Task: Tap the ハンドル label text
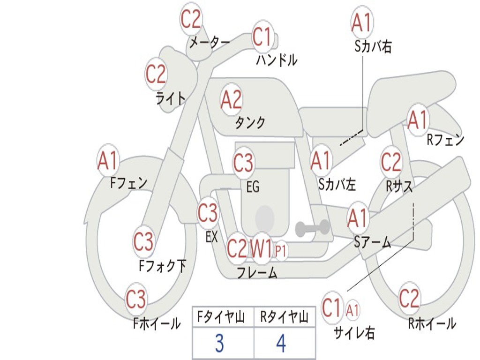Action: [x=277, y=60]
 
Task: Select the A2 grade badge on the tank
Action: [x=231, y=100]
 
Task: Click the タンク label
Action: [x=250, y=123]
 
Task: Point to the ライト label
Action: [x=170, y=98]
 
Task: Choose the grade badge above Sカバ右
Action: [x=361, y=22]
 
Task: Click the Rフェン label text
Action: [x=445, y=140]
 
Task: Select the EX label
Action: [x=211, y=237]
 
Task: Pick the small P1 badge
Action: [x=281, y=251]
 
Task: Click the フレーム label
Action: [x=256, y=273]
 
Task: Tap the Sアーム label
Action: [x=372, y=242]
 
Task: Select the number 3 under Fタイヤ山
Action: [x=219, y=344]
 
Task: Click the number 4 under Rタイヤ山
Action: [x=281, y=344]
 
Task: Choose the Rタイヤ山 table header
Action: [x=284, y=318]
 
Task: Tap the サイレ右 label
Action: [x=354, y=333]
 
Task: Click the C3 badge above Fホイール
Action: [x=136, y=299]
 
